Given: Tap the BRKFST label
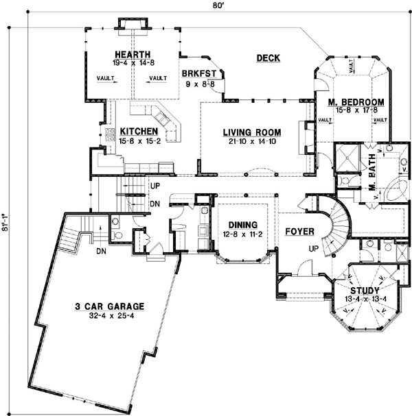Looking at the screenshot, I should pos(198,73).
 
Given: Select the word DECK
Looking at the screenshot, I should pos(268,58).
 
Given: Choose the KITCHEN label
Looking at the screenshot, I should pos(139,132).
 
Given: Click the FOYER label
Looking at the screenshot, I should pos(299,231).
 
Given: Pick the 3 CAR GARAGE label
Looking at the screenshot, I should pos(114,307).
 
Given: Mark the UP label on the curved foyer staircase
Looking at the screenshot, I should pos(314,248).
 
